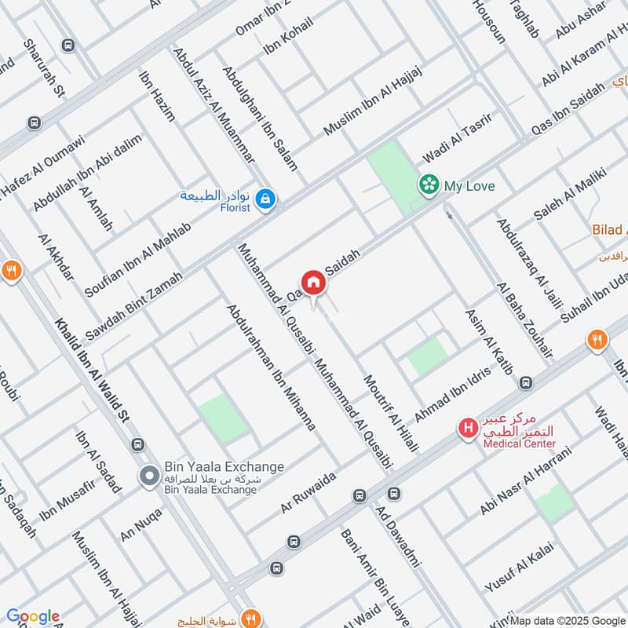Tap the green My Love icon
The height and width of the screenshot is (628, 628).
pyautogui.click(x=429, y=185)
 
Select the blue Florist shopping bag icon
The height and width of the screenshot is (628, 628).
pyautogui.click(x=266, y=201)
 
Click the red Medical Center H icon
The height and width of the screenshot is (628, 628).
pyautogui.click(x=469, y=429)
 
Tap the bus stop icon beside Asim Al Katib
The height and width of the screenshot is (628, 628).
pyautogui.click(x=525, y=383)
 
